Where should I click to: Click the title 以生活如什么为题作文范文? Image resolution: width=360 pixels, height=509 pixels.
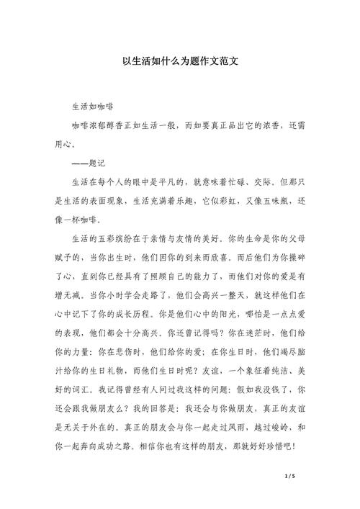180,62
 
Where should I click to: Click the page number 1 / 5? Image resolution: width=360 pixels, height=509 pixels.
291,477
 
